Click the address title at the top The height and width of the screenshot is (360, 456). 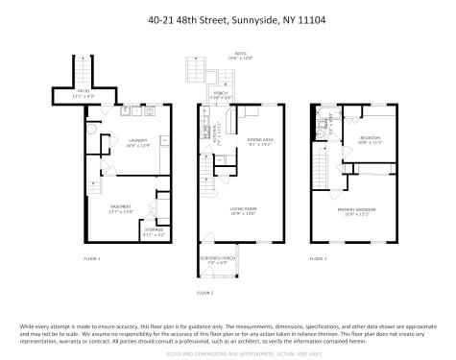[228, 17]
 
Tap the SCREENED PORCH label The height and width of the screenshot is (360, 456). [219, 259]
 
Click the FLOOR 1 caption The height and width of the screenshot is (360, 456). [91, 258]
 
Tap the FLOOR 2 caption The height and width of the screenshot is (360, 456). [205, 292]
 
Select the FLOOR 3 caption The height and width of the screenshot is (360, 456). [318, 258]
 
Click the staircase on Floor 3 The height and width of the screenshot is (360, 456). [317, 173]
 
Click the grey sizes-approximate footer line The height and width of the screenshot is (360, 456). [228, 353]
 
